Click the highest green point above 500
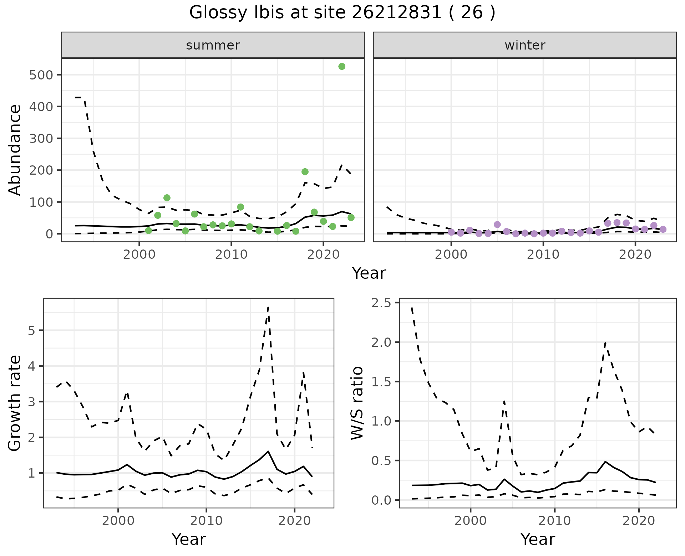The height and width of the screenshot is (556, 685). click(342, 66)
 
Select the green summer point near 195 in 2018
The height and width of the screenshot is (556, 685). click(305, 172)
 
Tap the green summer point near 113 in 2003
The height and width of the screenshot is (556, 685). click(167, 198)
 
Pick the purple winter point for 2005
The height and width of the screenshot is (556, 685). click(497, 225)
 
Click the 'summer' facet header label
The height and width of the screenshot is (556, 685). click(213, 45)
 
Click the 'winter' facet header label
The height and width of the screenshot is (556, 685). click(525, 45)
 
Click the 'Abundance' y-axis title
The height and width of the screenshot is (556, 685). click(15, 150)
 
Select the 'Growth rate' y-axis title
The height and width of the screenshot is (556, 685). click(15, 403)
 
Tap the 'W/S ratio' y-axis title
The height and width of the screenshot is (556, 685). click(357, 403)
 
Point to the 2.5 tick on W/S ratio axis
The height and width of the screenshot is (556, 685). click(381, 303)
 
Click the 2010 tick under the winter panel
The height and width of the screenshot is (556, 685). click(543, 254)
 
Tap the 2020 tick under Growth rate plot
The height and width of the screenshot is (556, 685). click(294, 521)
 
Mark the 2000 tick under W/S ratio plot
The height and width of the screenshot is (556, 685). click(470, 521)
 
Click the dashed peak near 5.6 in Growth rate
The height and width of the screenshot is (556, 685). click(268, 307)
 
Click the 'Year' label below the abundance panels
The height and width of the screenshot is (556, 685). click(369, 273)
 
